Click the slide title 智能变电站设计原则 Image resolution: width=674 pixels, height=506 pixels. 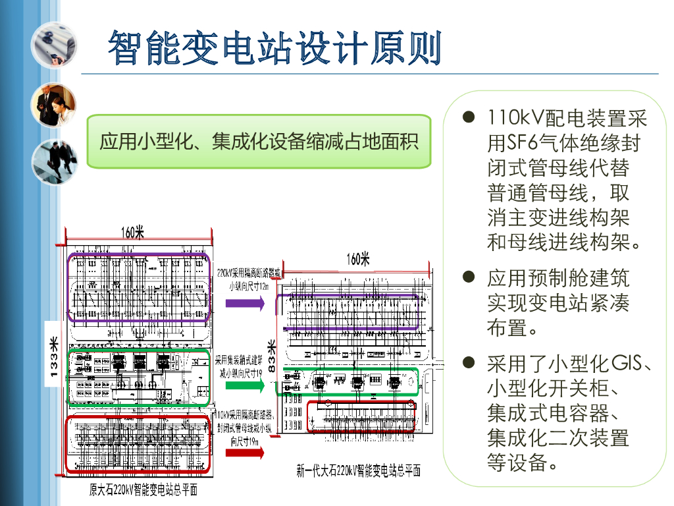[274, 47]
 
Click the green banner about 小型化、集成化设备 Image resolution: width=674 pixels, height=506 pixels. [259, 141]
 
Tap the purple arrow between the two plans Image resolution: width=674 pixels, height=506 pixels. [244, 303]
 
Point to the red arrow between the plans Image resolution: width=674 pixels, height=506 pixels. [244, 453]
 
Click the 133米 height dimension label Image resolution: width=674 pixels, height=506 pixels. [54, 359]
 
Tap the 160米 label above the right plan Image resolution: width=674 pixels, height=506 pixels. [358, 260]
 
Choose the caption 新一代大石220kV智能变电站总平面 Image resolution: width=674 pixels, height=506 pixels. [358, 470]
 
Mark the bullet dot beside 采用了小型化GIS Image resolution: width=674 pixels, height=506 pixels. [469, 362]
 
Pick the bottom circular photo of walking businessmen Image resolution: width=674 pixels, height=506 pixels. [54, 161]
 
